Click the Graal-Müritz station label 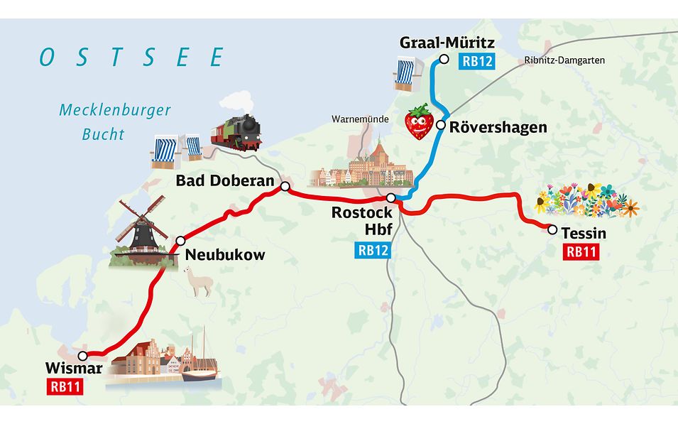click(x=447, y=43)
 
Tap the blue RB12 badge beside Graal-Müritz click(x=477, y=62)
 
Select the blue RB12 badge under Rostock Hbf click(x=372, y=249)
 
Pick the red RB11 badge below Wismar click(x=65, y=387)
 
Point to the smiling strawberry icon click(x=419, y=121)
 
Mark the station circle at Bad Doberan click(x=285, y=187)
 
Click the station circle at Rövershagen click(x=441, y=126)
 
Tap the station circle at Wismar click(x=83, y=356)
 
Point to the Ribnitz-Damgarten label click(x=565, y=60)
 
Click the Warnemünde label click(x=360, y=119)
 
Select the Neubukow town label click(x=224, y=254)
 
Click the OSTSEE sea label click(x=131, y=58)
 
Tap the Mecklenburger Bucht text click(x=114, y=121)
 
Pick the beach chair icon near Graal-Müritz click(x=404, y=75)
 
